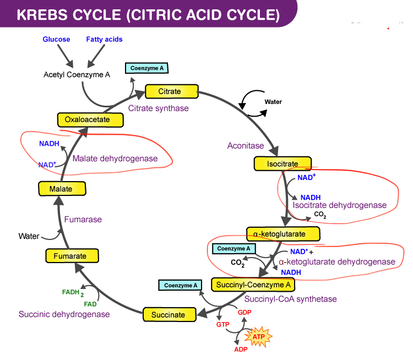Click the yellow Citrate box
pyautogui.click(x=171, y=91)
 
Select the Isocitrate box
pyautogui.click(x=283, y=163)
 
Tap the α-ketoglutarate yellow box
pyautogui.click(x=283, y=234)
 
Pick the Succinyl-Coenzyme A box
pyautogui.click(x=253, y=285)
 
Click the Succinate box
pyautogui.click(x=169, y=314)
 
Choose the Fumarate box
pyautogui.click(x=70, y=256)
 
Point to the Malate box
pyautogui.click(x=61, y=189)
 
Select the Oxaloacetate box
pyautogui.click(x=87, y=119)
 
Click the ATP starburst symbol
pyautogui.click(x=258, y=335)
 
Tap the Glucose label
pyautogui.click(x=56, y=40)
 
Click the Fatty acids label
pyautogui.click(x=104, y=40)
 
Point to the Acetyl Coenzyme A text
pyautogui.click(x=77, y=74)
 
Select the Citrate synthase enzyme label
pyautogui.click(x=159, y=108)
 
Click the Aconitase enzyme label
pyautogui.click(x=246, y=146)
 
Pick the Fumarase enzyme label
pyautogui.click(x=83, y=219)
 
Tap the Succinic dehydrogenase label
pyautogui.click(x=64, y=314)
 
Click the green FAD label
pyautogui.click(x=90, y=304)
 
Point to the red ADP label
pyautogui.click(x=241, y=350)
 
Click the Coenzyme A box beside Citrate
pyautogui.click(x=146, y=68)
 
